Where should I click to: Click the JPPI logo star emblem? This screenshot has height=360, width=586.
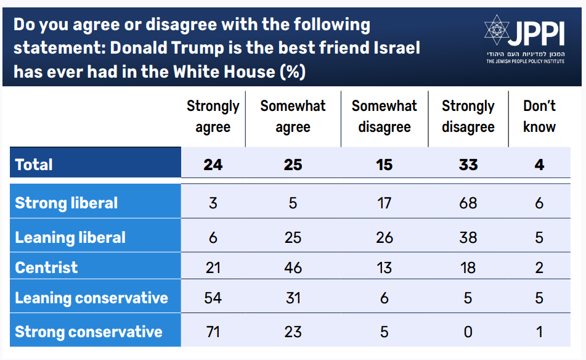pyautogui.click(x=496, y=31)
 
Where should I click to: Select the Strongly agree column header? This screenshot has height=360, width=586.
pyautogui.click(x=213, y=117)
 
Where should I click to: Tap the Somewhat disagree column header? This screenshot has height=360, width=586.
pyautogui.click(x=385, y=117)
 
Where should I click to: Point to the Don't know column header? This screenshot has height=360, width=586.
pyautogui.click(x=539, y=117)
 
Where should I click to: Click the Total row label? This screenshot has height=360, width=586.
pyautogui.click(x=34, y=165)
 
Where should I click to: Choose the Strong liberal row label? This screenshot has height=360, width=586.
pyautogui.click(x=66, y=203)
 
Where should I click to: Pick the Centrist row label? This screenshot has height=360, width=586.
pyautogui.click(x=46, y=268)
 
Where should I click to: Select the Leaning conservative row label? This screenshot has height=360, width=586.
pyautogui.click(x=91, y=298)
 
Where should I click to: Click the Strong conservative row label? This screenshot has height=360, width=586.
pyautogui.click(x=88, y=332)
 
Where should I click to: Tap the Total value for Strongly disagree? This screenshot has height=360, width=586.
pyautogui.click(x=468, y=165)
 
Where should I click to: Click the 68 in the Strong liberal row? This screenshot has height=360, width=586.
pyautogui.click(x=468, y=203)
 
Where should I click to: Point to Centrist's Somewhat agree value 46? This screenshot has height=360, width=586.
pyautogui.click(x=293, y=268)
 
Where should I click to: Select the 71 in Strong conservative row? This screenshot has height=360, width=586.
pyautogui.click(x=213, y=332)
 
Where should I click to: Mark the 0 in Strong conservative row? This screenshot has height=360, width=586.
pyautogui.click(x=468, y=332)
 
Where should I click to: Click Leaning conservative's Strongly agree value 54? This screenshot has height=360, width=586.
pyautogui.click(x=213, y=298)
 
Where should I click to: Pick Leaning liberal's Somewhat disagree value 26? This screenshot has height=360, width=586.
pyautogui.click(x=385, y=237)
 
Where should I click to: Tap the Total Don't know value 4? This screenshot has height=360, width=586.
pyautogui.click(x=539, y=165)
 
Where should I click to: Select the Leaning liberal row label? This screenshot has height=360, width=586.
pyautogui.click(x=70, y=237)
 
